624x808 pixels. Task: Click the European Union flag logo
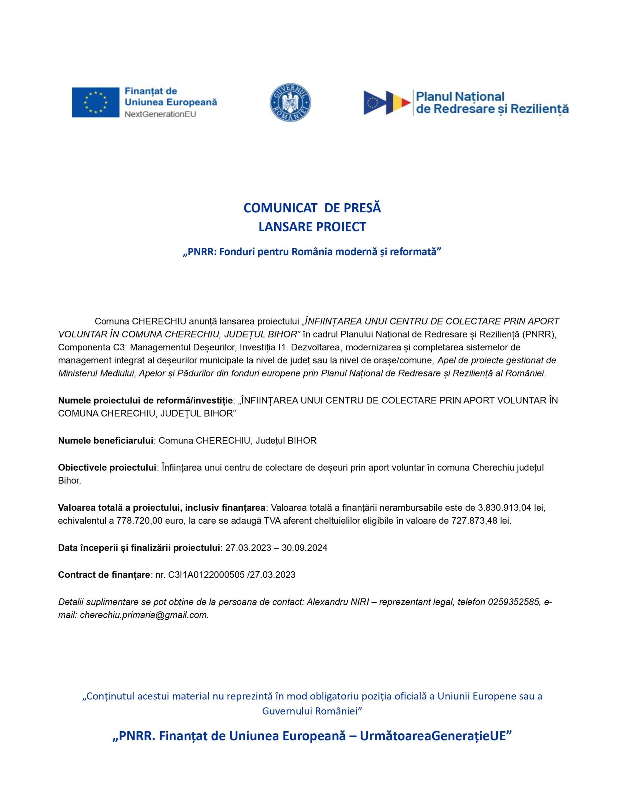pyautogui.click(x=96, y=103)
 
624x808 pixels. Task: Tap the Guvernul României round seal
pyautogui.click(x=290, y=103)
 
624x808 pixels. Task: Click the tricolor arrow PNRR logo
pyautogui.click(x=387, y=103)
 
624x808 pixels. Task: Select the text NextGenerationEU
pyautogui.click(x=160, y=114)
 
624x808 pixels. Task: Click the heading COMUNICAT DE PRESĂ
pyautogui.click(x=312, y=208)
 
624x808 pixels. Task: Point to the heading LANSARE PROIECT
pyautogui.click(x=312, y=227)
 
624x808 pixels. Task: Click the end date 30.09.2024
pyautogui.click(x=304, y=548)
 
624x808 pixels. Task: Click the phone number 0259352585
pyautogui.click(x=513, y=602)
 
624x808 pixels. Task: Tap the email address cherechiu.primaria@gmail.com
pyautogui.click(x=144, y=615)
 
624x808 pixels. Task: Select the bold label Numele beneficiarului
pyautogui.click(x=105, y=440)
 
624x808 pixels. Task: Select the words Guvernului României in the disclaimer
pyautogui.click(x=310, y=711)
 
